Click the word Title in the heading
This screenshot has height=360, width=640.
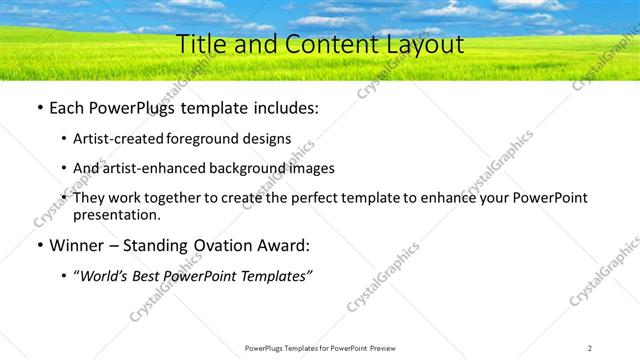click(x=199, y=44)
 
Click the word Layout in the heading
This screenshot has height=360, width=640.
click(x=424, y=44)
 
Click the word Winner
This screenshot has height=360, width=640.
click(x=78, y=245)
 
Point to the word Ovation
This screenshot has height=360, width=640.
click(x=225, y=245)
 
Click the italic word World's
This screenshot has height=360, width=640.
click(x=107, y=275)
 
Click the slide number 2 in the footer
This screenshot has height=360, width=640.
click(x=590, y=348)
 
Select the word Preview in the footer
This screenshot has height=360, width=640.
click(x=385, y=348)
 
